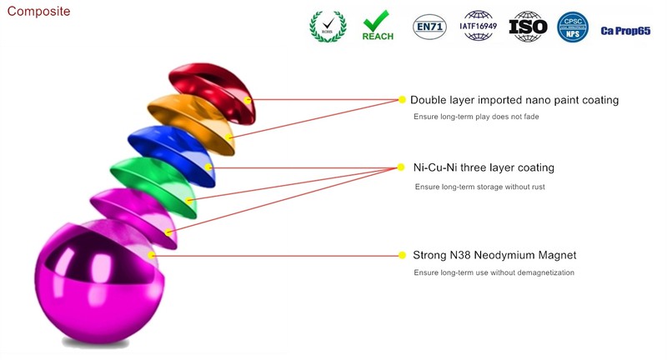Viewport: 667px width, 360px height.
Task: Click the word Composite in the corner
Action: (x=38, y=12)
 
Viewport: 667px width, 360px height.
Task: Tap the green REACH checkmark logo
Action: (x=378, y=26)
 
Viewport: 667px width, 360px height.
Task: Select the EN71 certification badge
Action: (x=430, y=27)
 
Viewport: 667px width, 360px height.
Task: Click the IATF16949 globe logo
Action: (x=479, y=26)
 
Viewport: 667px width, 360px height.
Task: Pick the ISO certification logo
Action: (x=527, y=27)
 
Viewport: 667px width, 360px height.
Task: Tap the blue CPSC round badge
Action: (x=574, y=26)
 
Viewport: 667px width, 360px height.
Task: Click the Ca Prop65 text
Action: (x=625, y=31)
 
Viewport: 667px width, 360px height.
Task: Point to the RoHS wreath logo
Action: (x=326, y=26)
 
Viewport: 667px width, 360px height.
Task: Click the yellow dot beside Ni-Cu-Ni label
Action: (x=402, y=167)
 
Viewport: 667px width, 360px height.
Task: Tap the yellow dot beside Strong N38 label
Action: (x=402, y=255)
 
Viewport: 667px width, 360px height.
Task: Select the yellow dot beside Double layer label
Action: (x=402, y=100)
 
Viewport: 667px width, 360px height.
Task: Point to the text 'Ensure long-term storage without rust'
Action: (x=479, y=187)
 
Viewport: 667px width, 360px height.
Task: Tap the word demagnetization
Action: (x=542, y=273)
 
